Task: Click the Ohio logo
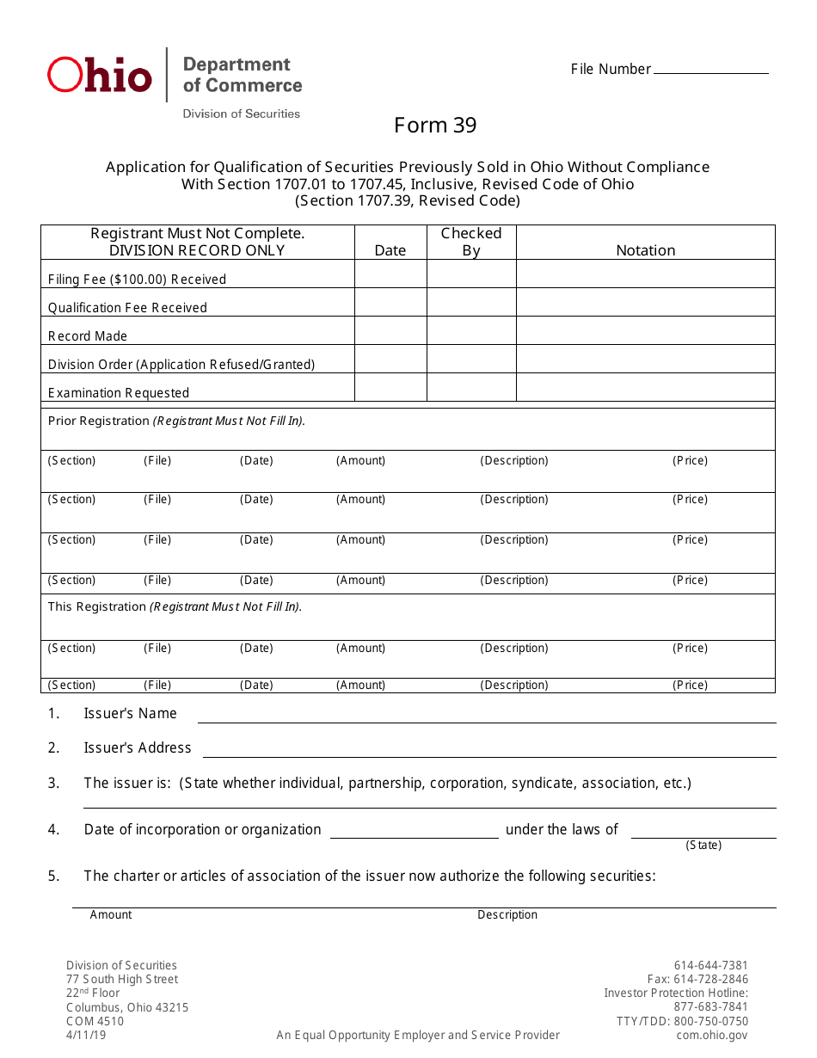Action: pos(99,76)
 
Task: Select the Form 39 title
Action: pos(435,126)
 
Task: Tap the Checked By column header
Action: pos(471,242)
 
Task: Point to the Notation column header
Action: pos(645,250)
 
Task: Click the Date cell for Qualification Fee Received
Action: pos(390,302)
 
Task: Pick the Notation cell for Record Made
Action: pos(645,330)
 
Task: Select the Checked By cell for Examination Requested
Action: pos(471,387)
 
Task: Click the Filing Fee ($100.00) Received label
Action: pos(137,280)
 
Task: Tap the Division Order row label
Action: pos(181,365)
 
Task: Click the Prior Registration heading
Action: pos(176,421)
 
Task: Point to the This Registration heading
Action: pos(175,607)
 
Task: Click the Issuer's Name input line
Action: pos(487,716)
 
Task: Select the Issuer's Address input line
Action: pos(488,750)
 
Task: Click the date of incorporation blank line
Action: pos(414,831)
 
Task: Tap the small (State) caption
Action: pos(703,846)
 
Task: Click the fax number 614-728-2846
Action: pos(697,979)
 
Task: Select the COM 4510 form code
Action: pos(95,1021)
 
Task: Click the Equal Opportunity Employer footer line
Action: pos(418,1035)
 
